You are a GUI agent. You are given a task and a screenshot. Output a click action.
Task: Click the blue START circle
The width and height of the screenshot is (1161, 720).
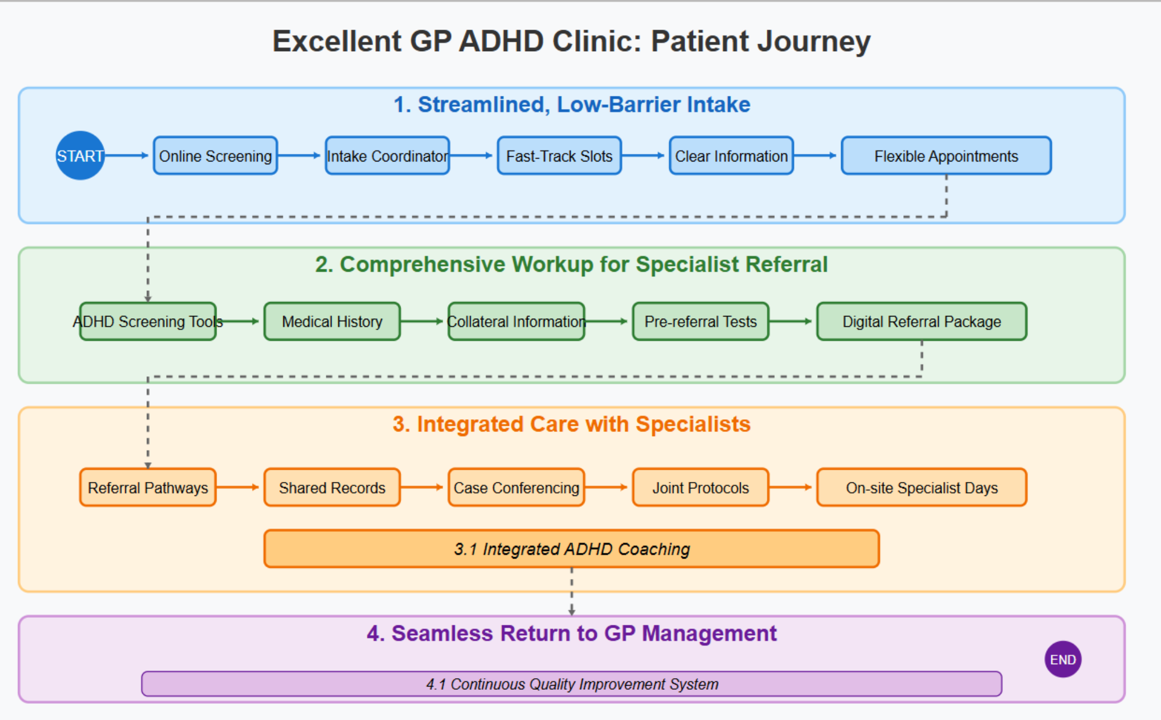coord(80,156)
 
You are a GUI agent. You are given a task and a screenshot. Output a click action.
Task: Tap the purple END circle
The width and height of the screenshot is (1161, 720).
coord(1062,660)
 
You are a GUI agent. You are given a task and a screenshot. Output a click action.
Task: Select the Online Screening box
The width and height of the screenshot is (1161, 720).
coord(215,156)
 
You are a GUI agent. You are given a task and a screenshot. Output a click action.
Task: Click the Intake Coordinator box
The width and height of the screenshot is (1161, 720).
coord(387,156)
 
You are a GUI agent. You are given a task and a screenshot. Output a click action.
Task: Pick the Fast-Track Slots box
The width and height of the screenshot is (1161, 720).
coord(559,156)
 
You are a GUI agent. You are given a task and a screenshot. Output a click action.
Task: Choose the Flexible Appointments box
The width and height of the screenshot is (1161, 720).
coord(946,156)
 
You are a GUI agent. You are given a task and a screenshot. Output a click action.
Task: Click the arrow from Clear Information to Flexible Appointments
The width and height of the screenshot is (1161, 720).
coord(816,156)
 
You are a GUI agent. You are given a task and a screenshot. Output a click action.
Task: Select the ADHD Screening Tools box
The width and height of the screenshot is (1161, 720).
coord(148,321)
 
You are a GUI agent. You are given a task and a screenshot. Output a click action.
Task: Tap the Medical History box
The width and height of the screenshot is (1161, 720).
coord(332,321)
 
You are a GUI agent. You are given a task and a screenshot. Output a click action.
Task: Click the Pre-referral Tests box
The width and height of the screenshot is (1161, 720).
coord(701,321)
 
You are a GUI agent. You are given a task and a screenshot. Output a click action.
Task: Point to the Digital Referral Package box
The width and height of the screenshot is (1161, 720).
coord(921,321)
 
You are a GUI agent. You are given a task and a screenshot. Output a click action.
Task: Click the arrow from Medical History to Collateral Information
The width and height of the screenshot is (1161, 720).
coord(423,321)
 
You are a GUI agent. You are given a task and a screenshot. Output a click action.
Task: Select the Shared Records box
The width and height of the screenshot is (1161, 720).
coord(332,488)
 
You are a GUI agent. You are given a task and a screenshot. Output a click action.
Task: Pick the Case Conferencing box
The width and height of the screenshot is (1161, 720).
coord(516,488)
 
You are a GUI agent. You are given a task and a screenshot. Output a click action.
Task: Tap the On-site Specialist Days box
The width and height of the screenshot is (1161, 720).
coord(921,488)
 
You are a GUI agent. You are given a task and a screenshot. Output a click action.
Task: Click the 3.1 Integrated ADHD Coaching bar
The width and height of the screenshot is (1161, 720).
coord(572,549)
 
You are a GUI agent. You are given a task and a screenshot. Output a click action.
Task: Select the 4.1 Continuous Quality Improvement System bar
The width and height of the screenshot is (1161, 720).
coord(572,684)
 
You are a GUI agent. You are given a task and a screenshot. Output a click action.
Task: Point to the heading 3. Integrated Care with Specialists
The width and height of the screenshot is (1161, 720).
coord(572,424)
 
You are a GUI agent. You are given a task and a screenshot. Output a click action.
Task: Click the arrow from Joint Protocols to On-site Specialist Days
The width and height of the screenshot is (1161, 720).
coord(792,488)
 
